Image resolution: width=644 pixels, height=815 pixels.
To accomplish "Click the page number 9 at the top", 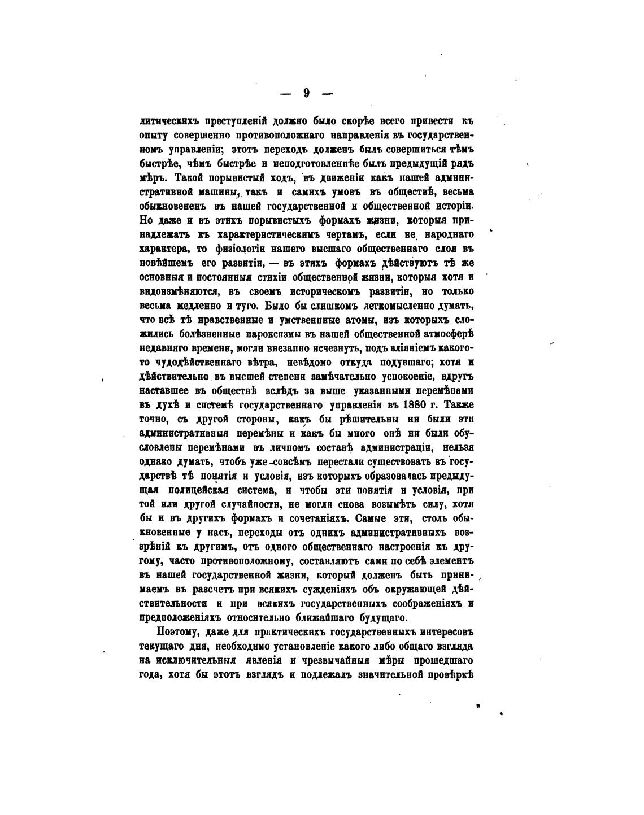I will [x=306, y=93].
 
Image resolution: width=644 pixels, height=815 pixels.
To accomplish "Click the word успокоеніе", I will [x=404, y=377].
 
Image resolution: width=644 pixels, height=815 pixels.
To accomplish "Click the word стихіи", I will [x=275, y=277].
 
